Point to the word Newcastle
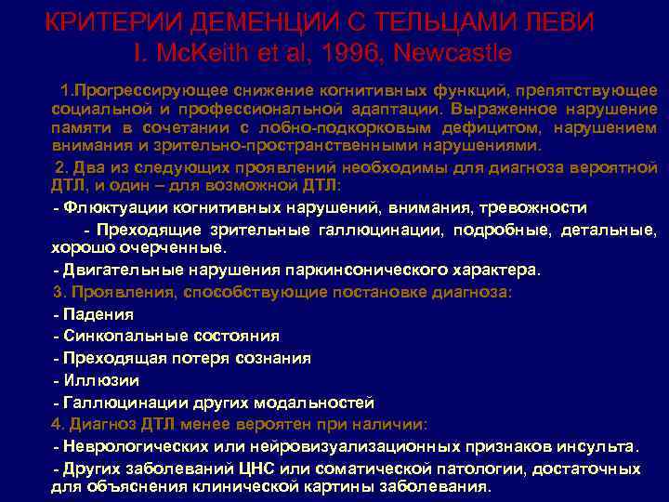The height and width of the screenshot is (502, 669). (x=453, y=54)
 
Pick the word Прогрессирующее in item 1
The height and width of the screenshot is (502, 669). (x=142, y=90)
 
